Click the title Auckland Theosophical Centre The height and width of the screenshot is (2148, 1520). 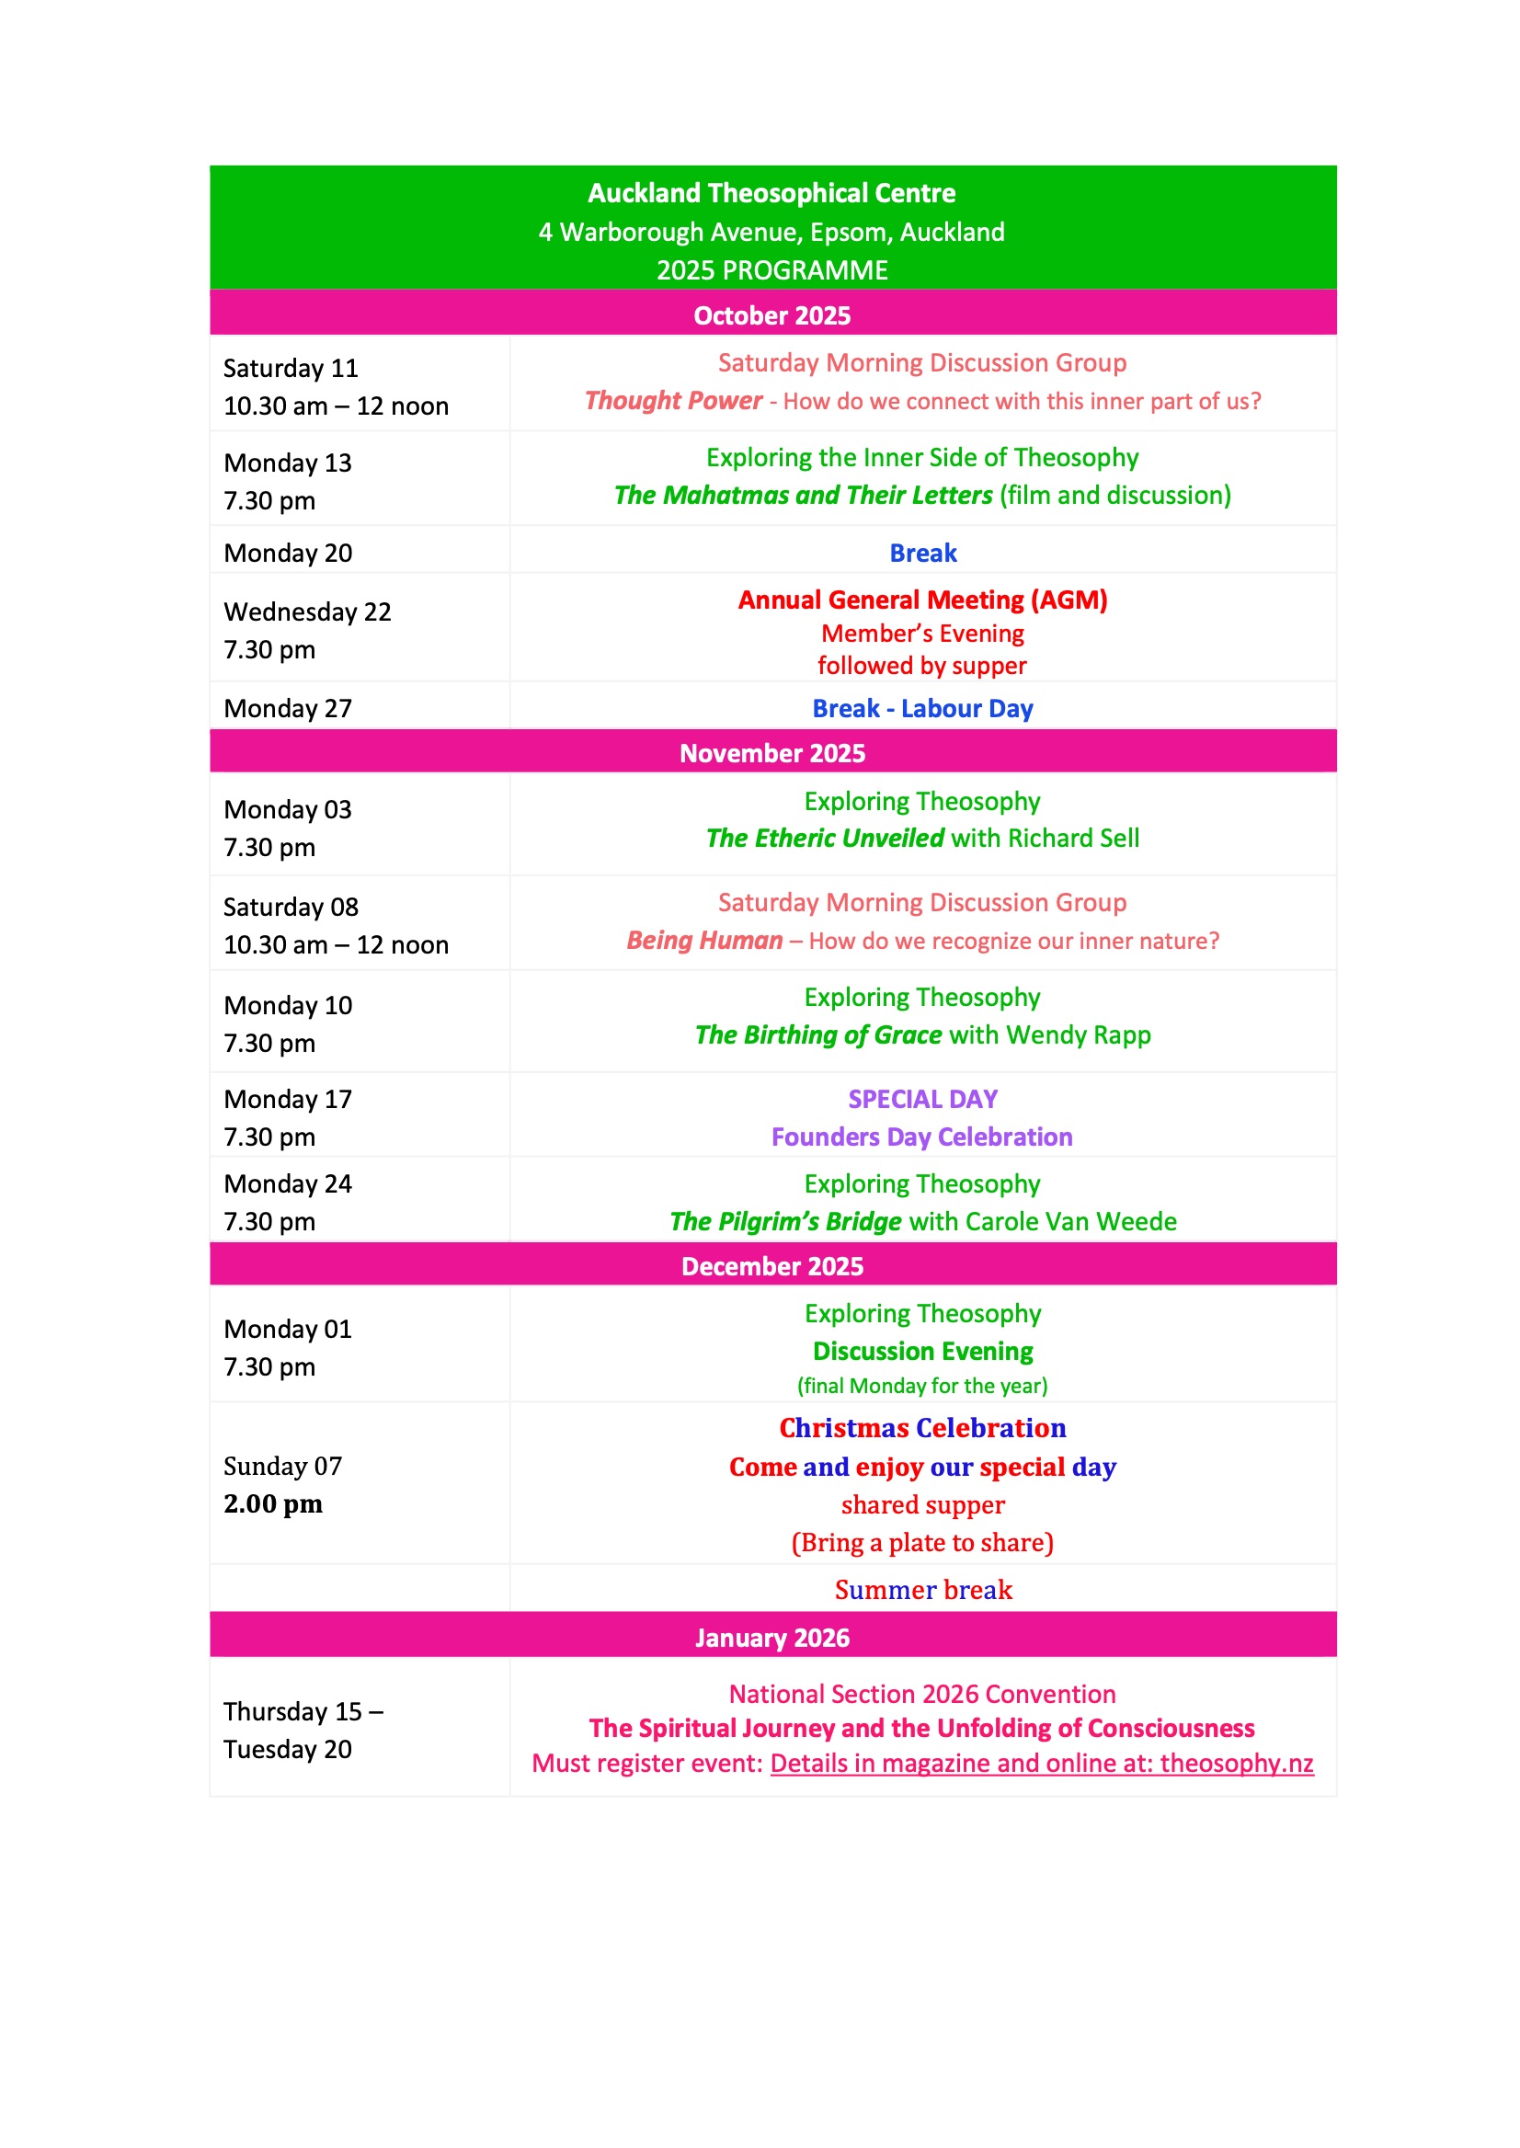tap(771, 193)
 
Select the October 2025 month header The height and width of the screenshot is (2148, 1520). tap(771, 315)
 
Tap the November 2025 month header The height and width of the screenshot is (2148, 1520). tap(771, 753)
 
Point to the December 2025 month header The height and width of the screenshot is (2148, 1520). tap(771, 1266)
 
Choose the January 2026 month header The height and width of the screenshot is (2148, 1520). tap(771, 1638)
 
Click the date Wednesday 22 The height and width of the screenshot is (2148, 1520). tap(307, 612)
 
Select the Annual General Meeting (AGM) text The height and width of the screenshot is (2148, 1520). tap(922, 600)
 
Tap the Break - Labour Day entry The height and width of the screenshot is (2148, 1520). tap(922, 709)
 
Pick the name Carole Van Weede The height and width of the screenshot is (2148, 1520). tap(1070, 1222)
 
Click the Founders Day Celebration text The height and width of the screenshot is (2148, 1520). tap(922, 1137)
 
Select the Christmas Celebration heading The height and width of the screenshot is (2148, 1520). tap(922, 1428)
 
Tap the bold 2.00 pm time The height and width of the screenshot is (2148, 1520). tap(272, 1504)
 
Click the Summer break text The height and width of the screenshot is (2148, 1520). tap(923, 1590)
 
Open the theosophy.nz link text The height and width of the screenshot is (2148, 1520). tap(1236, 1764)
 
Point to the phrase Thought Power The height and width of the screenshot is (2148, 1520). tap(673, 401)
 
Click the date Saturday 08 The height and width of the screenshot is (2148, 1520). tap(291, 907)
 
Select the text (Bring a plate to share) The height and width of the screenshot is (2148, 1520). tap(922, 1542)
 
